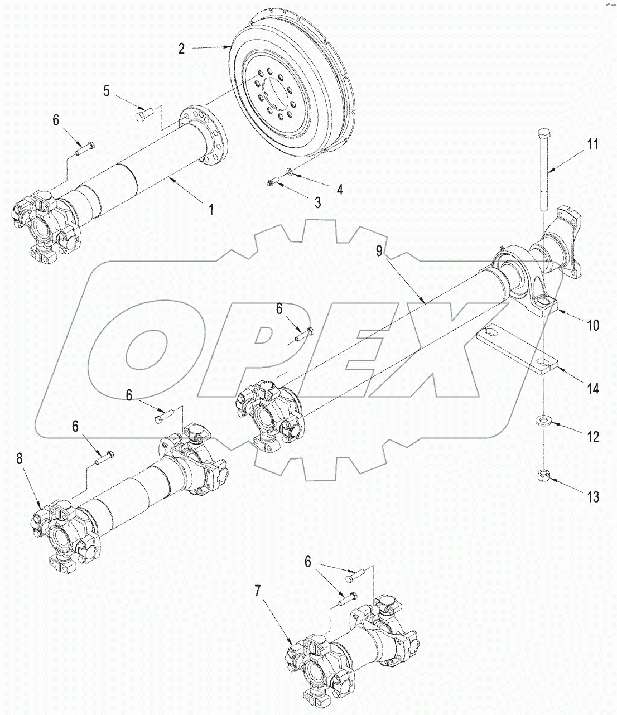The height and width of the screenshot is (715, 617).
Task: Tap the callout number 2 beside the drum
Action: pyautogui.click(x=182, y=49)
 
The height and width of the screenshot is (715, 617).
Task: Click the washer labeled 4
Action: pyautogui.click(x=290, y=171)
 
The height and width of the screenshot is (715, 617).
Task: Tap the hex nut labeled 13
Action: pyautogui.click(x=541, y=475)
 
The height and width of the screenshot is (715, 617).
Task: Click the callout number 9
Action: pyautogui.click(x=379, y=251)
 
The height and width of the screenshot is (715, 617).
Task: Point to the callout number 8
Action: pyautogui.click(x=20, y=458)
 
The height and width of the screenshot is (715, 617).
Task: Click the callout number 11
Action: pyautogui.click(x=592, y=145)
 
